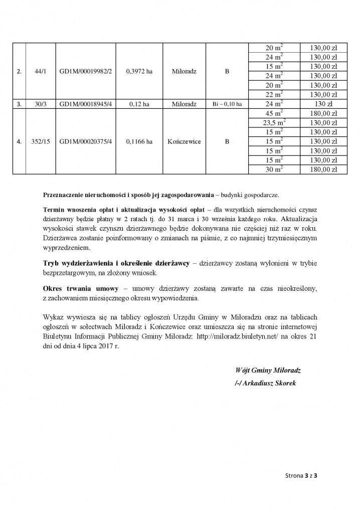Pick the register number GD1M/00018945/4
[85, 104]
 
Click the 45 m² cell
[274, 113]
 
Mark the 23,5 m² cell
[274, 123]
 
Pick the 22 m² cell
[274, 95]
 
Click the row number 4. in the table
[19, 142]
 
